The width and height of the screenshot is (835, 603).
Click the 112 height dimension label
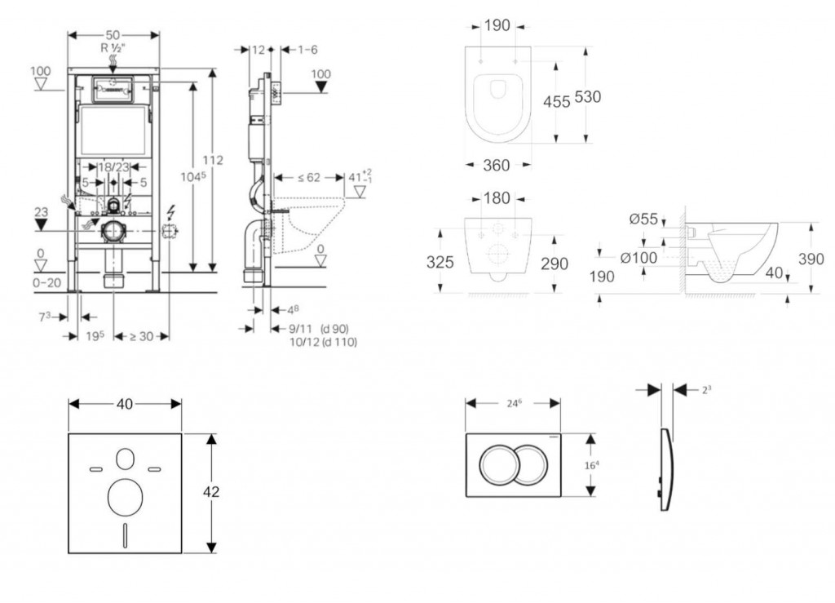coord(214,161)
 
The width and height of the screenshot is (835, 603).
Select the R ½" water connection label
coord(114,48)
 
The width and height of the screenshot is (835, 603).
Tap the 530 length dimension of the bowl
coord(587,96)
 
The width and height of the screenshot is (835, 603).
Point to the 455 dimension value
coord(557,101)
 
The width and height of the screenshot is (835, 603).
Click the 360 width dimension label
coord(497,166)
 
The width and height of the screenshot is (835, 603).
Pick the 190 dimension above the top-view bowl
coord(497,25)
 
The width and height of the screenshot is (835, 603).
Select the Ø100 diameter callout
coord(638,258)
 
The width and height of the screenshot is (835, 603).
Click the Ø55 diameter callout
coord(644,219)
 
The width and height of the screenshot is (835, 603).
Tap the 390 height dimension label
coord(811,259)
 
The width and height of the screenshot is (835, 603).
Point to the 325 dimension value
coord(441,263)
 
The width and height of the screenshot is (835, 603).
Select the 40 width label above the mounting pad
coord(125,403)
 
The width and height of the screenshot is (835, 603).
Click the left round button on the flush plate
coord(497,465)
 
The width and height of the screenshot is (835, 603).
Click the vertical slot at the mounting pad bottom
coord(125,534)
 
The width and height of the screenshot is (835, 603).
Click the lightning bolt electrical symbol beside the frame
coord(170,215)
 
